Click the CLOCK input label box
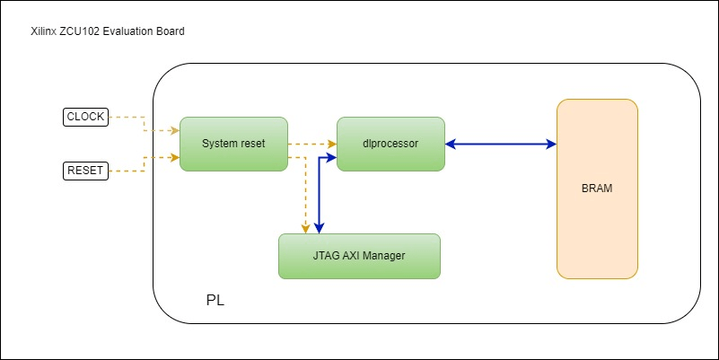point(86,117)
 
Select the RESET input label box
point(86,170)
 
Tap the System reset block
point(233,144)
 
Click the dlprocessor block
point(390,144)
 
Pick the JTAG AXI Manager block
point(359,256)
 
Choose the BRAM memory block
point(597,189)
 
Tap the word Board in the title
point(171,32)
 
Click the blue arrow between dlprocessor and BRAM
point(501,144)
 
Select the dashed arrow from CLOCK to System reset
point(144,123)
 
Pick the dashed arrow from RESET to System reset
point(144,162)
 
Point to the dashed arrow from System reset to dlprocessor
point(312,144)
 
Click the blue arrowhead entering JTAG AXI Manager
point(320,228)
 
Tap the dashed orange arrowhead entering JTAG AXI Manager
point(306,228)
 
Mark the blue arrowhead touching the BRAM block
point(550,144)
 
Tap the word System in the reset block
point(219,144)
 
